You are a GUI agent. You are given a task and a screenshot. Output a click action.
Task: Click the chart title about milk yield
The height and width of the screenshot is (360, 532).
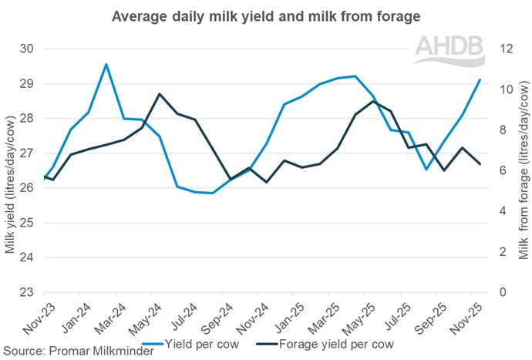(266, 15)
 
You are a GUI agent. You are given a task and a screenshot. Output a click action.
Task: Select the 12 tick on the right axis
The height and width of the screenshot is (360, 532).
(506, 49)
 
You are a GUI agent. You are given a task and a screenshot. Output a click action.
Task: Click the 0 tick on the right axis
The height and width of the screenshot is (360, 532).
(503, 292)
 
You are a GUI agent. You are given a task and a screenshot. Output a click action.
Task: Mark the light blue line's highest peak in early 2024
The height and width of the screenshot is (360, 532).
(106, 64)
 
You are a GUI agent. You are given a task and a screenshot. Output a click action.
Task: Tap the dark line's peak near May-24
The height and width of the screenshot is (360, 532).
(159, 94)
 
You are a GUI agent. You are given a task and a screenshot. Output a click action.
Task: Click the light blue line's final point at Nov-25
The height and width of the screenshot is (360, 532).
(480, 79)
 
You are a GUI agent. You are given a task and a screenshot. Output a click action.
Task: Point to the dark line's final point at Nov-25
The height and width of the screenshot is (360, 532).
(480, 164)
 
